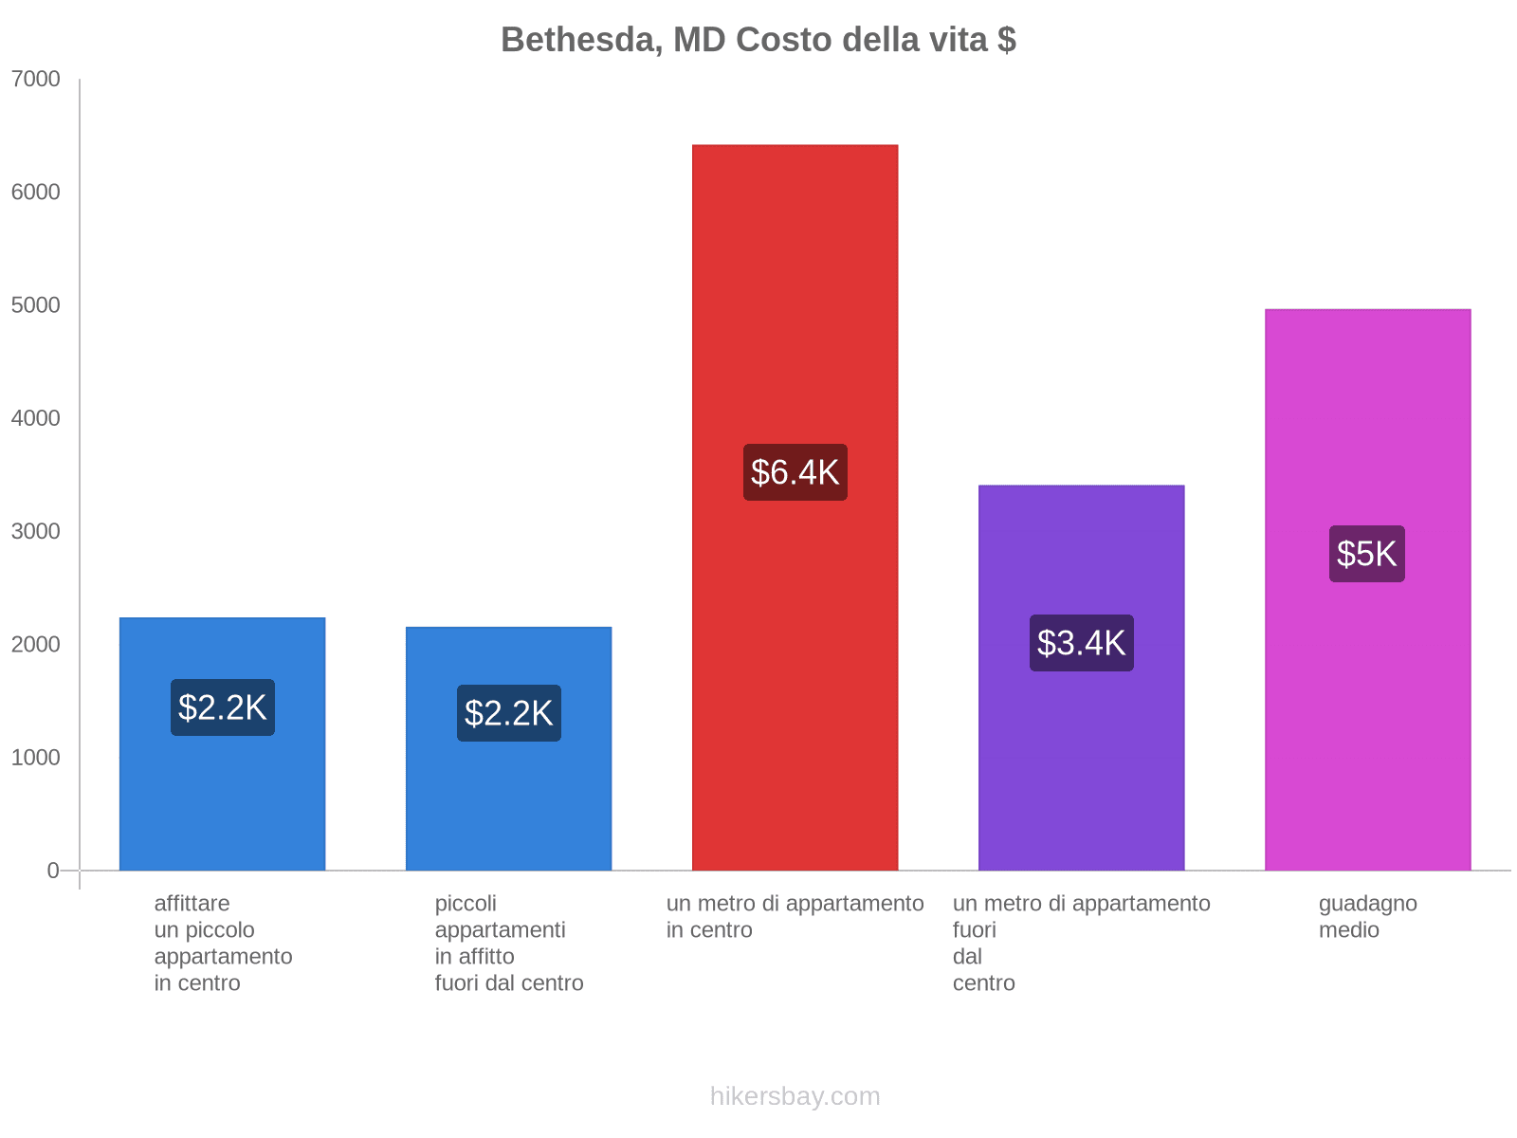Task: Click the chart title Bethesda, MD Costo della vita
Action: (758, 40)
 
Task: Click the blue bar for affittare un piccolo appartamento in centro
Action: (222, 797)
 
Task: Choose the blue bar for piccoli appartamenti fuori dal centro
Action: (508, 806)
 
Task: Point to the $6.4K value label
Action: (795, 472)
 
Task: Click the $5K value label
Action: (1366, 554)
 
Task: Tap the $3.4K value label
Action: (1081, 643)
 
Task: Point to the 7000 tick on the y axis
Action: (35, 80)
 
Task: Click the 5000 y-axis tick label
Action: (35, 305)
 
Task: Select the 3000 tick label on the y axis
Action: (35, 531)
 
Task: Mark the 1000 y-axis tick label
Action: (35, 758)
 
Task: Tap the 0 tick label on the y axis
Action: (53, 871)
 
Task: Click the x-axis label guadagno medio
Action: (1367, 917)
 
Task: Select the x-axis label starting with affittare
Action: (223, 943)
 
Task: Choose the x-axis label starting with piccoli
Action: (508, 943)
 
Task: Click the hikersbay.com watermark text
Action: (795, 1096)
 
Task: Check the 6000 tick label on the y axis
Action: (35, 193)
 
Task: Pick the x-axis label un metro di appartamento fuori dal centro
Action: (1081, 943)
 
